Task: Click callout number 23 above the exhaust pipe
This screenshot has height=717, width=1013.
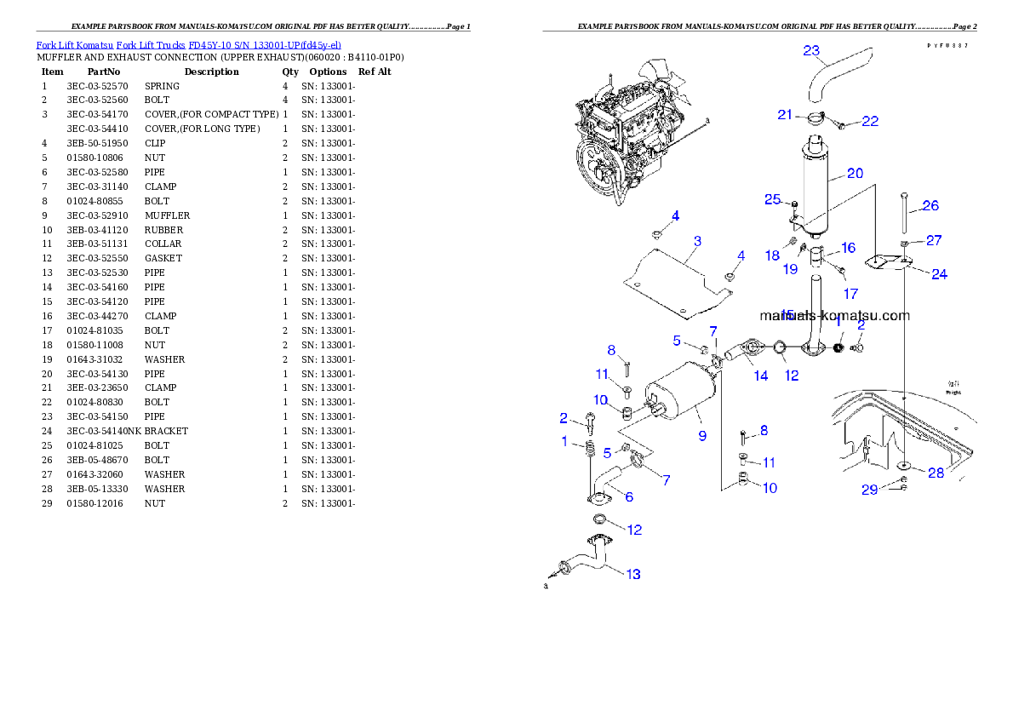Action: point(811,50)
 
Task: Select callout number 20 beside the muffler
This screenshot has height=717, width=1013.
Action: point(855,173)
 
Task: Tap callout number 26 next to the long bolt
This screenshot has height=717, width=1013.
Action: point(930,205)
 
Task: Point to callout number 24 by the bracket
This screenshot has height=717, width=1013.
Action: point(939,273)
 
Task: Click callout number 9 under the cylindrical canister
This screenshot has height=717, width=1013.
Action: point(702,435)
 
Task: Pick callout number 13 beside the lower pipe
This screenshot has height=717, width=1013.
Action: point(632,574)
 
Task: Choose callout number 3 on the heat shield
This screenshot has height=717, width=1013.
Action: point(697,241)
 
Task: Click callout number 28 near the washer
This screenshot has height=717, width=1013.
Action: point(936,473)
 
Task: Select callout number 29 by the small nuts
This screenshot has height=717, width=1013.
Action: point(869,489)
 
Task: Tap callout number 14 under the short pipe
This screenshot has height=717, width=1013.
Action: point(760,375)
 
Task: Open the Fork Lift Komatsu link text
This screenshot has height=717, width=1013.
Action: point(188,44)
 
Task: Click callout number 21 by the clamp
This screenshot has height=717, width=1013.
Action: point(784,115)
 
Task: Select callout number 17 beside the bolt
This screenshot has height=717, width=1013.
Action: point(850,294)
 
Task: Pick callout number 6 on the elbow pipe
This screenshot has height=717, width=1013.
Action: point(628,496)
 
